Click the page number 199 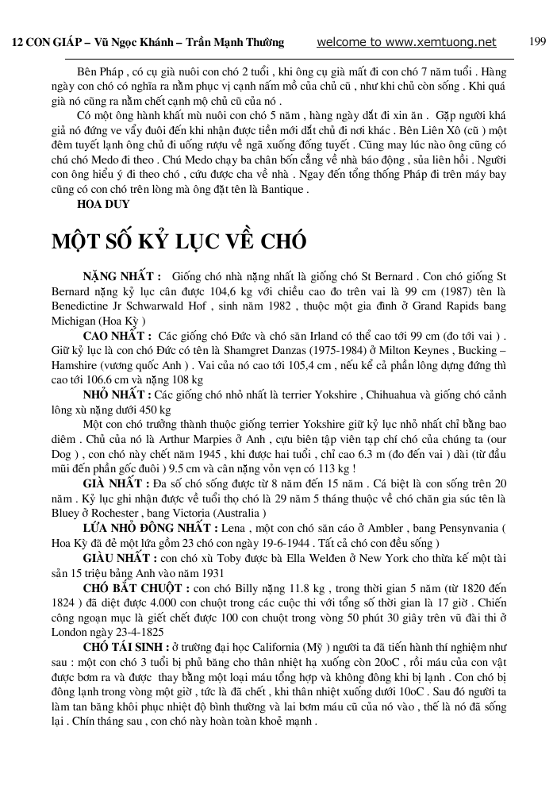click(x=537, y=42)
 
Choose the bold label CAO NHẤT click(x=117, y=336)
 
